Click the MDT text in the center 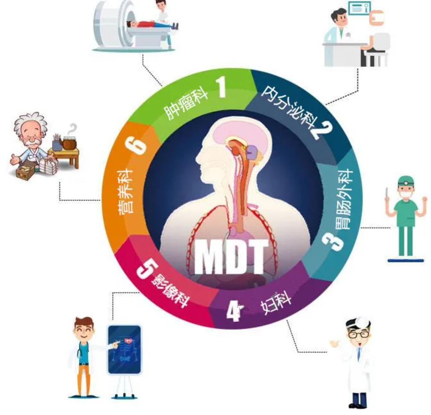point(231,257)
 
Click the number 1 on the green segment point(221,87)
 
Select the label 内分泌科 point(288,106)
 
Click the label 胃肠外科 point(344,199)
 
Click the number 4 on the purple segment point(234,311)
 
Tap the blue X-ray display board point(124,350)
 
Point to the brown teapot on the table point(69,142)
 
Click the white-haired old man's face point(32,135)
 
